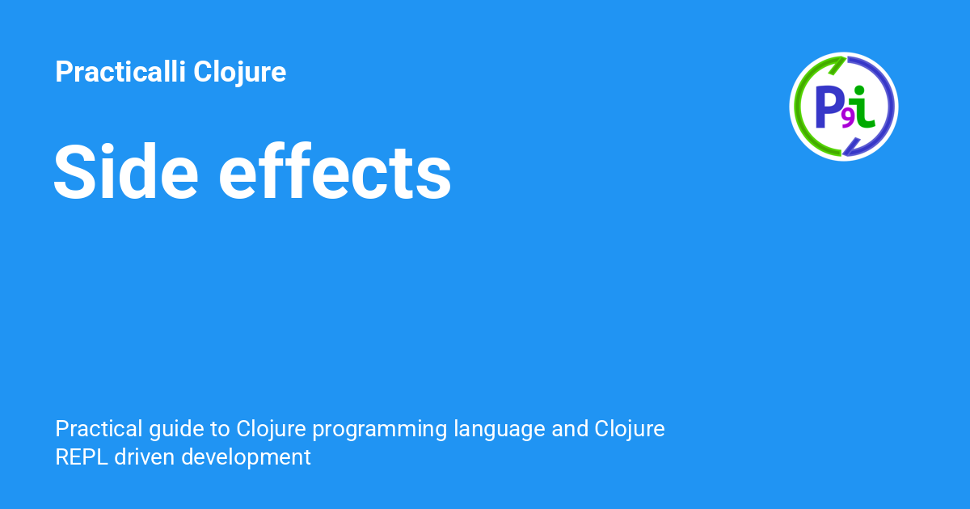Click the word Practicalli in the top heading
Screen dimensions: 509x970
[120, 73]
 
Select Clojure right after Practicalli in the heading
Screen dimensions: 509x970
[240, 73]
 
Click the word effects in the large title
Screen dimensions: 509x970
[335, 172]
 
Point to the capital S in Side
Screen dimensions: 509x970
[76, 172]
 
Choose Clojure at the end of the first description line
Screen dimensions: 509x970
[630, 428]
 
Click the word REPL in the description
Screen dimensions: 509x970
[82, 457]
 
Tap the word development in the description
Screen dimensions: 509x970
[246, 458]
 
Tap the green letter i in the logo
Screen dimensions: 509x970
[863, 107]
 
